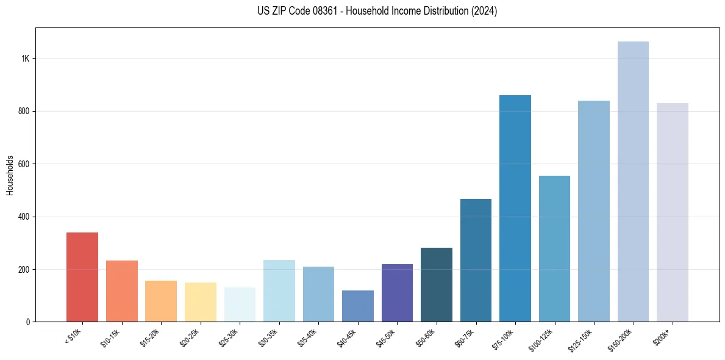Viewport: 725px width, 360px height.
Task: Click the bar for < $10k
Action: pyautogui.click(x=82, y=277)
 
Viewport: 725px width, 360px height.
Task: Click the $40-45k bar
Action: pyautogui.click(x=358, y=306)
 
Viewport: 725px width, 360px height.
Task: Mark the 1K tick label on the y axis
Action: pyautogui.click(x=26, y=59)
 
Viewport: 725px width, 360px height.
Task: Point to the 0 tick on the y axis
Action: pyautogui.click(x=27, y=322)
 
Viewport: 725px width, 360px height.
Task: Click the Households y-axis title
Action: pyautogui.click(x=10, y=175)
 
